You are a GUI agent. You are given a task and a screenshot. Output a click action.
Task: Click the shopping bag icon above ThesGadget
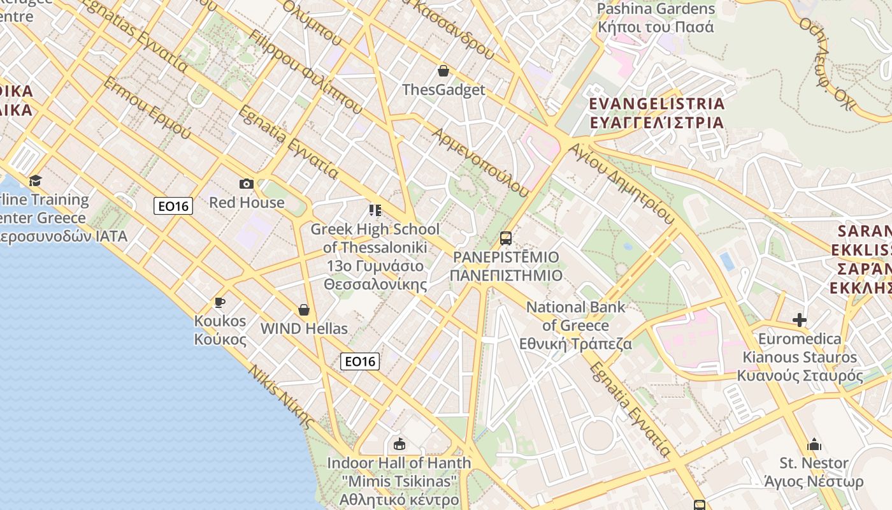[443, 71]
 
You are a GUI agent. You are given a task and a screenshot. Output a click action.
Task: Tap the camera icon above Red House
[247, 184]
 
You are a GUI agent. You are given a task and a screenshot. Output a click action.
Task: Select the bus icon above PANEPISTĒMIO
[506, 238]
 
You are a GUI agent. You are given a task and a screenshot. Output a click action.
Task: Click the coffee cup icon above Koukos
[220, 302]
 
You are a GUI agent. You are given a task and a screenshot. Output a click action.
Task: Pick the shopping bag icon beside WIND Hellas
[304, 310]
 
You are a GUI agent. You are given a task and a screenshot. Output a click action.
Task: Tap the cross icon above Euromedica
[800, 319]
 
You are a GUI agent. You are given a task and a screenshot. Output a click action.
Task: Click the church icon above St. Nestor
[814, 444]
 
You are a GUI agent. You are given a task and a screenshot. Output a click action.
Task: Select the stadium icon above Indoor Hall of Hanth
[399, 444]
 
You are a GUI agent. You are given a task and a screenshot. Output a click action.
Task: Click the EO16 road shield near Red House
[173, 206]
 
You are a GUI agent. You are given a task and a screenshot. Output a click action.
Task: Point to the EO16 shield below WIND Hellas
[360, 361]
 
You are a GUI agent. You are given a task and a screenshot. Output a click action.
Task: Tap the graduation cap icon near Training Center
[35, 180]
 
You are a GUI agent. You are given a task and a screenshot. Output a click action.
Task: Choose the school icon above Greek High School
[375, 210]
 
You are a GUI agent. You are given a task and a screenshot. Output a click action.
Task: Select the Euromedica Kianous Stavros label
[800, 357]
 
